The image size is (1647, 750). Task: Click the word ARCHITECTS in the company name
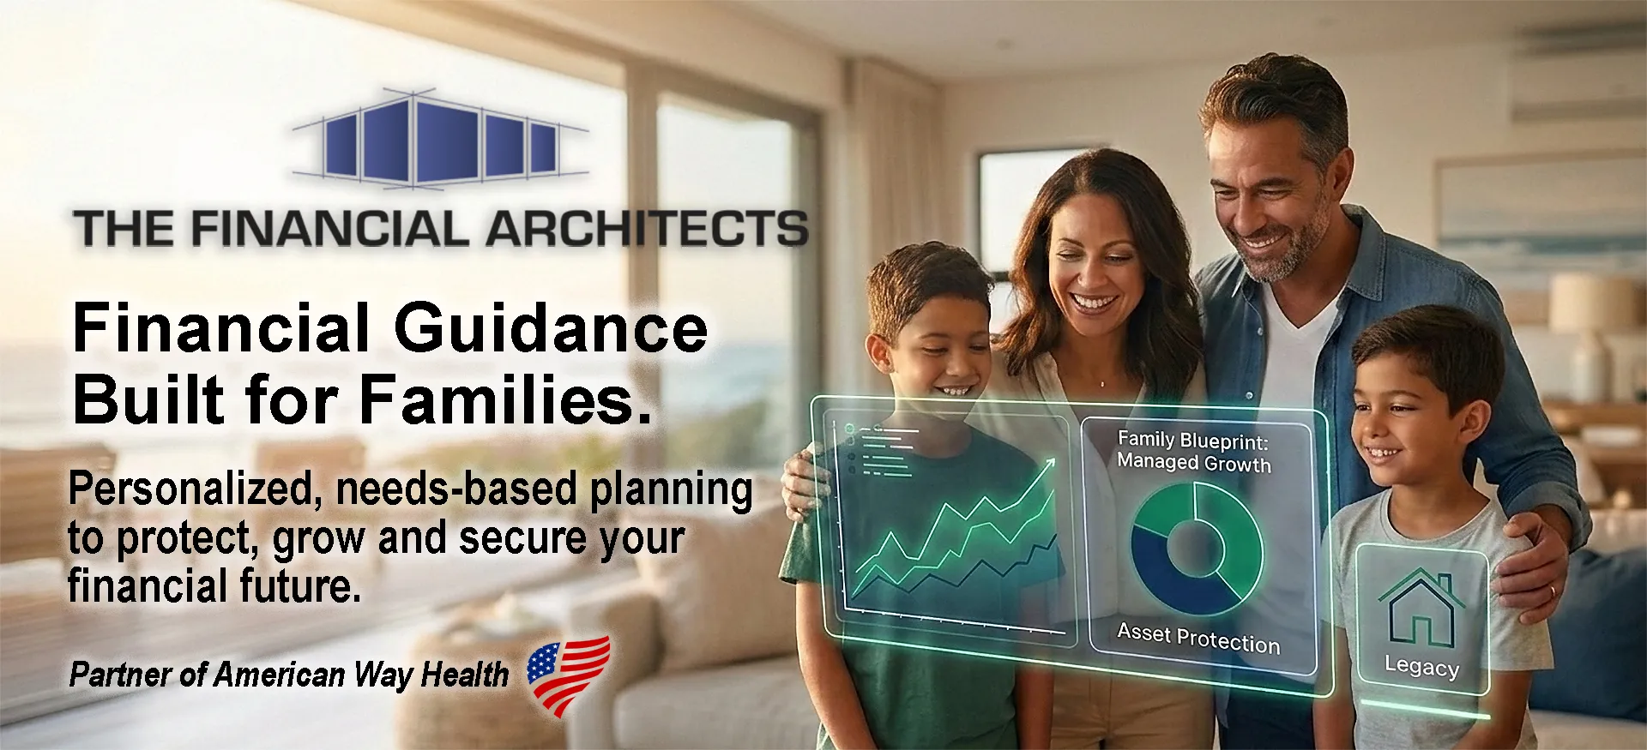pyautogui.click(x=647, y=229)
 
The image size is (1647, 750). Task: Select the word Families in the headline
pyautogui.click(x=504, y=399)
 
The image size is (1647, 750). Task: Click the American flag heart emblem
pyautogui.click(x=569, y=675)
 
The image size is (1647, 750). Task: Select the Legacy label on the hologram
pyautogui.click(x=1421, y=667)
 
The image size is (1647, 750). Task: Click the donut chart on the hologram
pyautogui.click(x=1197, y=549)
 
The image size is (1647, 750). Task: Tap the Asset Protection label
pyautogui.click(x=1198, y=639)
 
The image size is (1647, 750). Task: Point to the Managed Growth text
pyautogui.click(x=1194, y=463)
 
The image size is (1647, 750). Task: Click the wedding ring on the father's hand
pyautogui.click(x=1552, y=591)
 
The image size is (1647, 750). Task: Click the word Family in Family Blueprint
pyautogui.click(x=1146, y=439)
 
